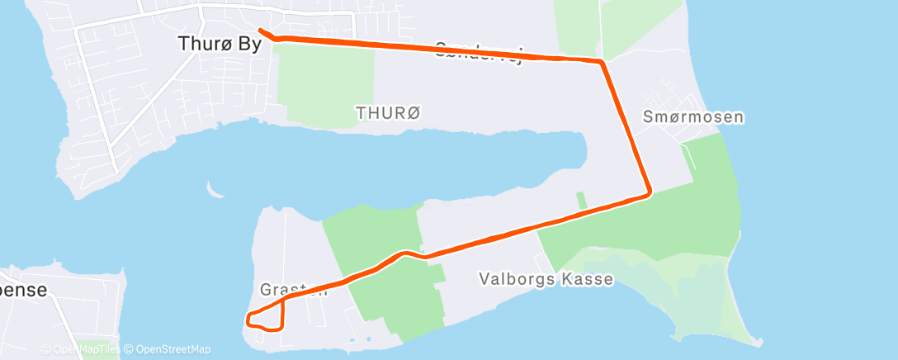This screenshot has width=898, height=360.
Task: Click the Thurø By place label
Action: [x=220, y=44]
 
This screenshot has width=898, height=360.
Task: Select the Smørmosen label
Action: [x=693, y=117]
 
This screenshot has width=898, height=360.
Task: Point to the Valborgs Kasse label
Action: [x=546, y=279]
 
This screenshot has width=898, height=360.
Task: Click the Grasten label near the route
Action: [x=294, y=290]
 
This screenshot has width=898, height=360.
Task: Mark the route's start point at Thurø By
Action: [x=261, y=31]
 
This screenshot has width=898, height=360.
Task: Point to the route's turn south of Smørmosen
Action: [x=649, y=193]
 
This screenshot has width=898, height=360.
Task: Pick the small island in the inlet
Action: [x=217, y=194]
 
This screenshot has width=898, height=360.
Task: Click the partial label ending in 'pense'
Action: [x=25, y=290]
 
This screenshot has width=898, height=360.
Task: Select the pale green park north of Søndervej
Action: [x=578, y=25]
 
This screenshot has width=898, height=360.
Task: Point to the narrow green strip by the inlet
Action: [x=581, y=200]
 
